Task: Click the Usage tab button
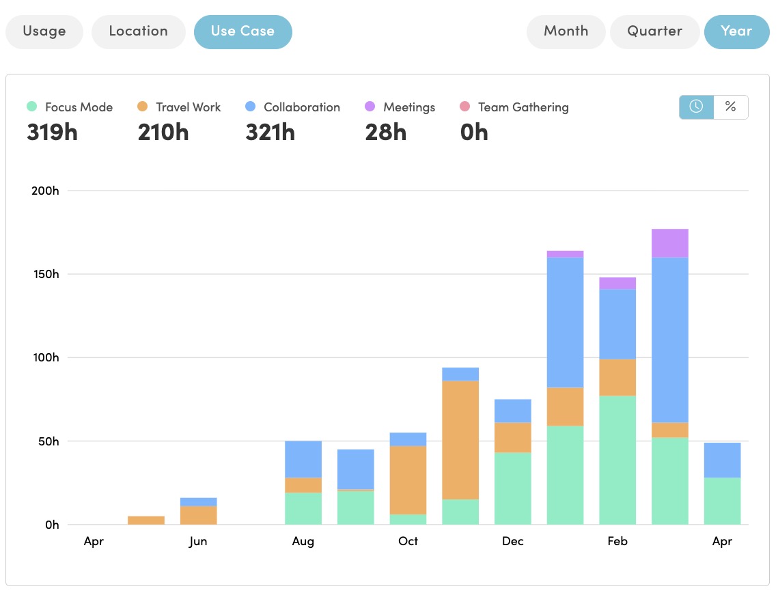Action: point(44,31)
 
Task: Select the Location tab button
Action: point(138,31)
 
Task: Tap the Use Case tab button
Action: point(242,31)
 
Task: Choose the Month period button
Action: point(566,31)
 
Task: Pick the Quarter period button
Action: point(654,31)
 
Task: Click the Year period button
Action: point(736,31)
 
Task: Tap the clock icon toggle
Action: point(696,107)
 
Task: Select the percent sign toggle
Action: point(730,107)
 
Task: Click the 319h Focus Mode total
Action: point(52,132)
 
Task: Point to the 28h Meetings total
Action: point(385,132)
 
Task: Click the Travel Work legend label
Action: point(188,107)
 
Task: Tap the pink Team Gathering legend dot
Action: point(464,107)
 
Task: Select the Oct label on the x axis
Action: point(408,541)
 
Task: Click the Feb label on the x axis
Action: point(617,541)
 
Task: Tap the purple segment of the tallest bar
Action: point(669,243)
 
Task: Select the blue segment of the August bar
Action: point(303,459)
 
